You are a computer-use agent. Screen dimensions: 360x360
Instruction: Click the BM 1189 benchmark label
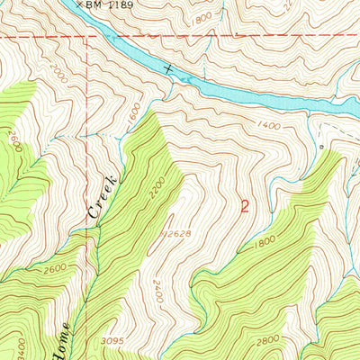coord(110,4)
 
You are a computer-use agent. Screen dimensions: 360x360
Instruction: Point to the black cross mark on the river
coord(168,68)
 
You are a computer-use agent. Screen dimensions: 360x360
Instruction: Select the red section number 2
coord(245,205)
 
